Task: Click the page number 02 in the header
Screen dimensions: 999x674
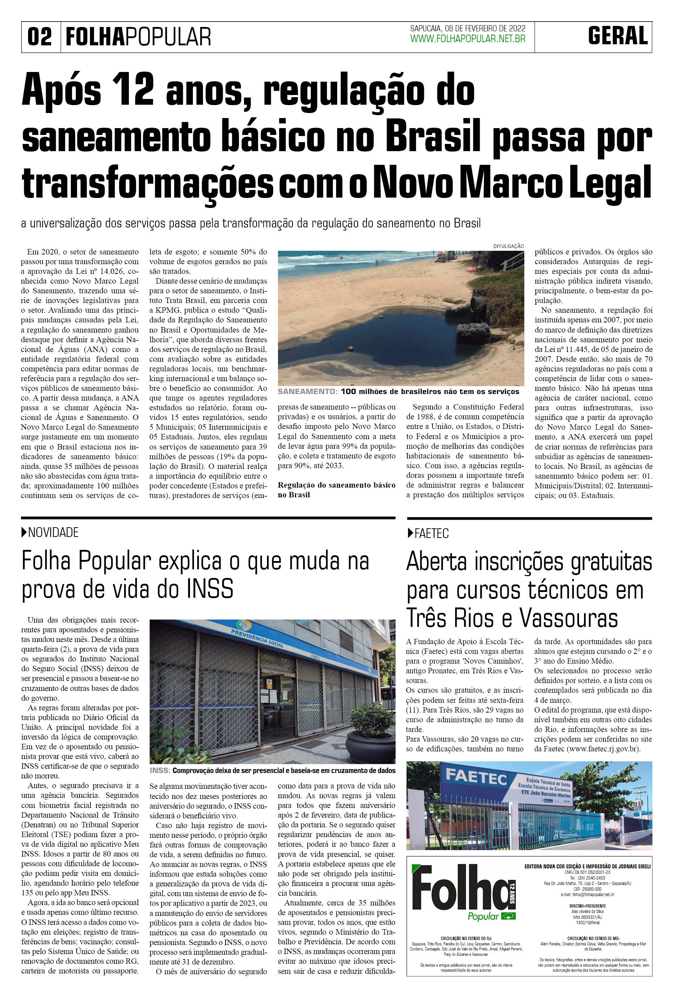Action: [40, 37]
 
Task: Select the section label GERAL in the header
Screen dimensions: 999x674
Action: [618, 36]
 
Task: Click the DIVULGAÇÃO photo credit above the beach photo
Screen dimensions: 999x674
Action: [508, 246]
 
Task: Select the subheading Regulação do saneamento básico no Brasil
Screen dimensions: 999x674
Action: [336, 490]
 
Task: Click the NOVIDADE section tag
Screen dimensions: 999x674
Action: [53, 533]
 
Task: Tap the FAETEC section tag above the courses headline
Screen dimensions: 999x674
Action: [431, 533]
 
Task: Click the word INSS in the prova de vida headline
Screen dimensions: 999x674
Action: [210, 589]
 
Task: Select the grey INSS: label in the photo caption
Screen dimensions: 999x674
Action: [160, 771]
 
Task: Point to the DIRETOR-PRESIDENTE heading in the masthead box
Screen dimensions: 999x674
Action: [588, 906]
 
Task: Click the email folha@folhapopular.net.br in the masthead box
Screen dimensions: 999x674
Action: [588, 894]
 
